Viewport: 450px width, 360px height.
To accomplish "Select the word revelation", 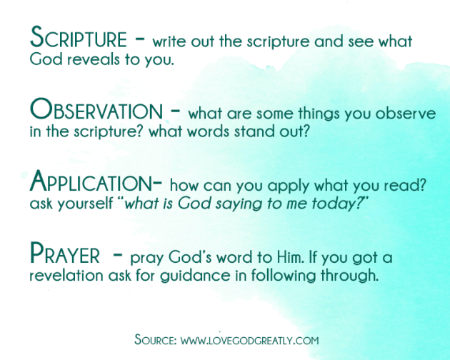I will (66, 275).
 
